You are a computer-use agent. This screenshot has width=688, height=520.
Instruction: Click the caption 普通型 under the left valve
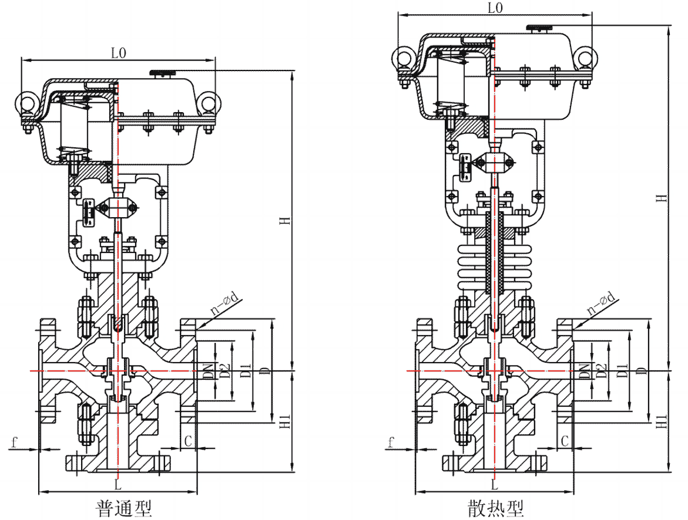(123, 508)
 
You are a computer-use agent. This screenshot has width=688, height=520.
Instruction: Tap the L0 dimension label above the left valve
(118, 53)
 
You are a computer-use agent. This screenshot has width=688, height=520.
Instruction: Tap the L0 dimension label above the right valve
(496, 8)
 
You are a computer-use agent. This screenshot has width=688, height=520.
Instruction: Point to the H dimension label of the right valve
(662, 198)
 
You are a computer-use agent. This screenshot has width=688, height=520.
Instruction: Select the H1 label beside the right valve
(662, 421)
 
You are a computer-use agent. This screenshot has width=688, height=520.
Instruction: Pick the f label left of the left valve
(13, 440)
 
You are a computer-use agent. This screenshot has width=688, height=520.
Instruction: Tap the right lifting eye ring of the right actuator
(585, 56)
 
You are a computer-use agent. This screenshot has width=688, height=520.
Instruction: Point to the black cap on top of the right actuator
(539, 27)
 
